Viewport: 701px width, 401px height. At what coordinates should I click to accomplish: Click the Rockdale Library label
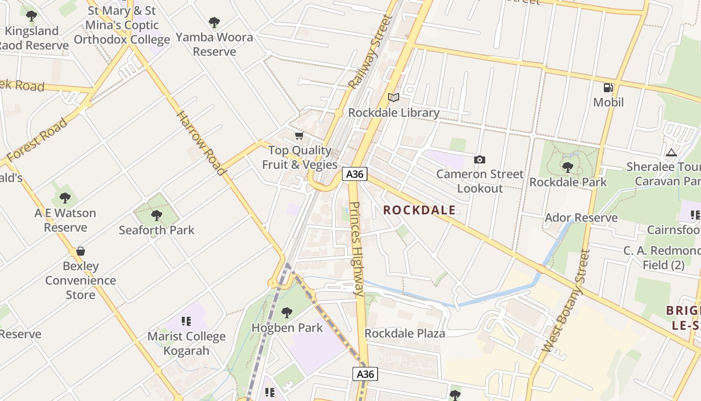point(394,113)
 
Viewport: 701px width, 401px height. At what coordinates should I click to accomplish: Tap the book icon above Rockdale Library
point(394,97)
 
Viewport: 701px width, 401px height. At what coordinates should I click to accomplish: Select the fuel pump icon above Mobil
point(608,88)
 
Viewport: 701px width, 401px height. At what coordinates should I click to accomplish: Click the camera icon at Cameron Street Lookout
point(480,159)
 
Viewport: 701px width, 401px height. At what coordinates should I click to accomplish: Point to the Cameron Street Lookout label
point(480,181)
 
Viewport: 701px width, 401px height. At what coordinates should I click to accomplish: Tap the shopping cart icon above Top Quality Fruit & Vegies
point(299,135)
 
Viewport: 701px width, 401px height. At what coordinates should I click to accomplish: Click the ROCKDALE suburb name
point(420,211)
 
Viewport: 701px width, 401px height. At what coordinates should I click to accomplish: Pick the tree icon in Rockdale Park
point(567,167)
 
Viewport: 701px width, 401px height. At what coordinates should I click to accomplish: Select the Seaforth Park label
point(156,230)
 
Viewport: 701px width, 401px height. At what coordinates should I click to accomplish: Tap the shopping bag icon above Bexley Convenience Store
point(81,251)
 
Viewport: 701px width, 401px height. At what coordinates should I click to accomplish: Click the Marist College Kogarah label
point(186,343)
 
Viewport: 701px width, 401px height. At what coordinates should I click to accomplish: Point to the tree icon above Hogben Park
point(287,313)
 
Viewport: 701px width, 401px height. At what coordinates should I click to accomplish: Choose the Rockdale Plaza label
point(405,333)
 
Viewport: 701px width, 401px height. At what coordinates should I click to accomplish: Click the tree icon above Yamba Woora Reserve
point(214,23)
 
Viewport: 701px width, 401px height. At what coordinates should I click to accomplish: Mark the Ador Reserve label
point(581,218)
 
